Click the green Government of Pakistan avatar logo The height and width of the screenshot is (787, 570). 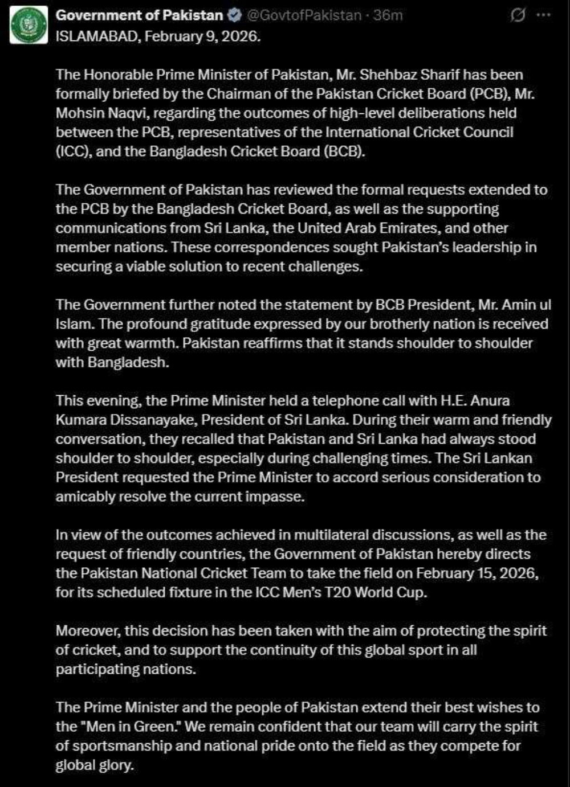coord(29,24)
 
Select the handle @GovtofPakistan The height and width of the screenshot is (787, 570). coord(304,15)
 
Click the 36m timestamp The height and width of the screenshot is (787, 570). coord(388,15)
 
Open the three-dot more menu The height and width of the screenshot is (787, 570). coord(544,15)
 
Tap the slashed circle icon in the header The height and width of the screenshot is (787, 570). coord(518,15)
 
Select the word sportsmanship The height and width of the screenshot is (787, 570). coord(113,745)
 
